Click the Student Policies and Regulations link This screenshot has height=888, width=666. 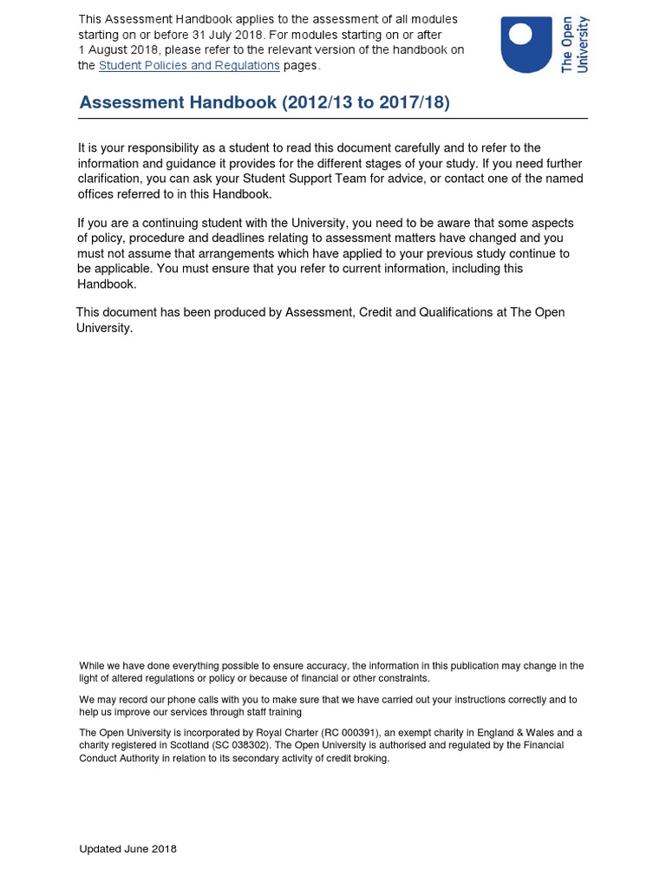189,65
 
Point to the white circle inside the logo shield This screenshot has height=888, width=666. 520,33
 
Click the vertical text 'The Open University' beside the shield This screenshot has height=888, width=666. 575,44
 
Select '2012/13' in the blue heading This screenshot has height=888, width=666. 317,102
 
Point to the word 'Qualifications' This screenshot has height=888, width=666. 458,312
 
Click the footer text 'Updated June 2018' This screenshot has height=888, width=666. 127,849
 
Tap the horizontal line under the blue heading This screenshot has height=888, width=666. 333,119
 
